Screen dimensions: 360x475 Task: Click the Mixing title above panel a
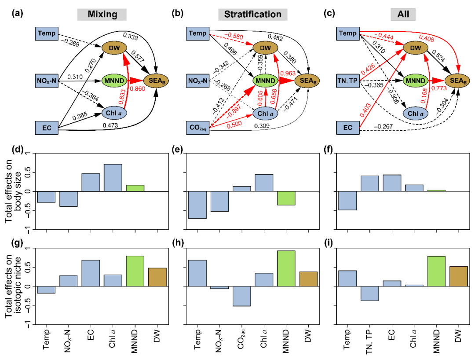[x=102, y=14]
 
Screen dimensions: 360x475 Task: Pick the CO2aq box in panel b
[x=198, y=129]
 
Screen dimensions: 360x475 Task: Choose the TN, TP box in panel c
[x=349, y=80]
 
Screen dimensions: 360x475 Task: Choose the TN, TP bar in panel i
[x=369, y=293]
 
